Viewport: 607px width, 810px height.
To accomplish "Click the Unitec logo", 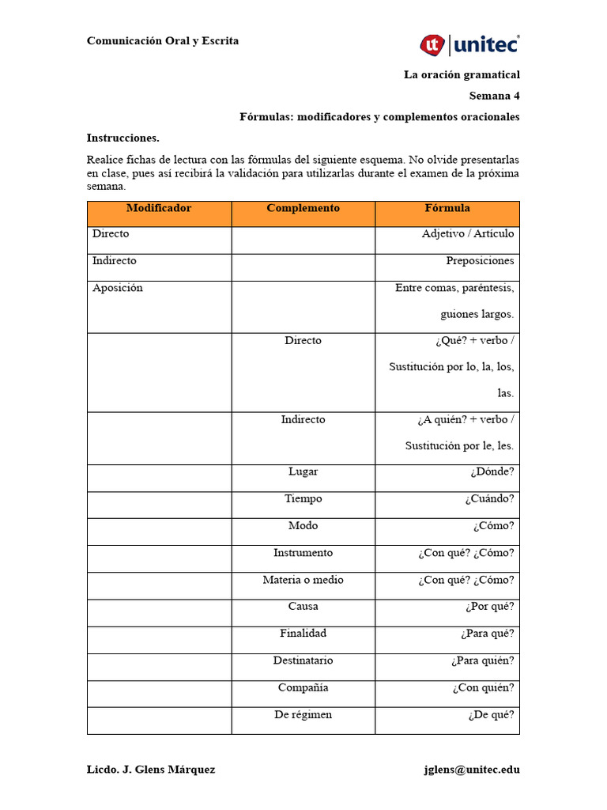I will [469, 45].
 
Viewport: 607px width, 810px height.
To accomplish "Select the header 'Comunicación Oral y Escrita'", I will [163, 41].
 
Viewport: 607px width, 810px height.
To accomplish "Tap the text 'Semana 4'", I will [494, 96].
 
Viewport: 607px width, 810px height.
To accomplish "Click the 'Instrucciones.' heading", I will [123, 138].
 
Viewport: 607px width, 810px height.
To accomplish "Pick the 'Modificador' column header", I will [159, 209].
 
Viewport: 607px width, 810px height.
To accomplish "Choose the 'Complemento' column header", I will [303, 209].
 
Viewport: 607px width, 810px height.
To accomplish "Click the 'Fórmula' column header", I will [447, 209].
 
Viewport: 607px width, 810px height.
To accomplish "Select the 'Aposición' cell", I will [118, 288].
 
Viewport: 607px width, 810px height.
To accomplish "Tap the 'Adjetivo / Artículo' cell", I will [468, 234].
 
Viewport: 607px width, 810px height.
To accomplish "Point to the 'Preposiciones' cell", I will [480, 261].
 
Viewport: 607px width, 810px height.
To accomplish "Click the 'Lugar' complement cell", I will [303, 471].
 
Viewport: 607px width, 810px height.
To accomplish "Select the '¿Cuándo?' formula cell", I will [489, 499].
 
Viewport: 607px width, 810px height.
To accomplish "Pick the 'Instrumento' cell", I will [303, 553].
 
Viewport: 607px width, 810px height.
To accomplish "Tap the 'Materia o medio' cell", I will [303, 580].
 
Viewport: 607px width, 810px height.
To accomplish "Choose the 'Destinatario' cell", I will [303, 660].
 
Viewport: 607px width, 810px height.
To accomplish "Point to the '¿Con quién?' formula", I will [483, 688].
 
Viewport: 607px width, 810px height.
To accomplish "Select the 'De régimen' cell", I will [303, 715].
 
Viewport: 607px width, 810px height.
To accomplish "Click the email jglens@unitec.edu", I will [472, 770].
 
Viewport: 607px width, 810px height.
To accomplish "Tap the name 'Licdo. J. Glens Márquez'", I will [151, 770].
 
